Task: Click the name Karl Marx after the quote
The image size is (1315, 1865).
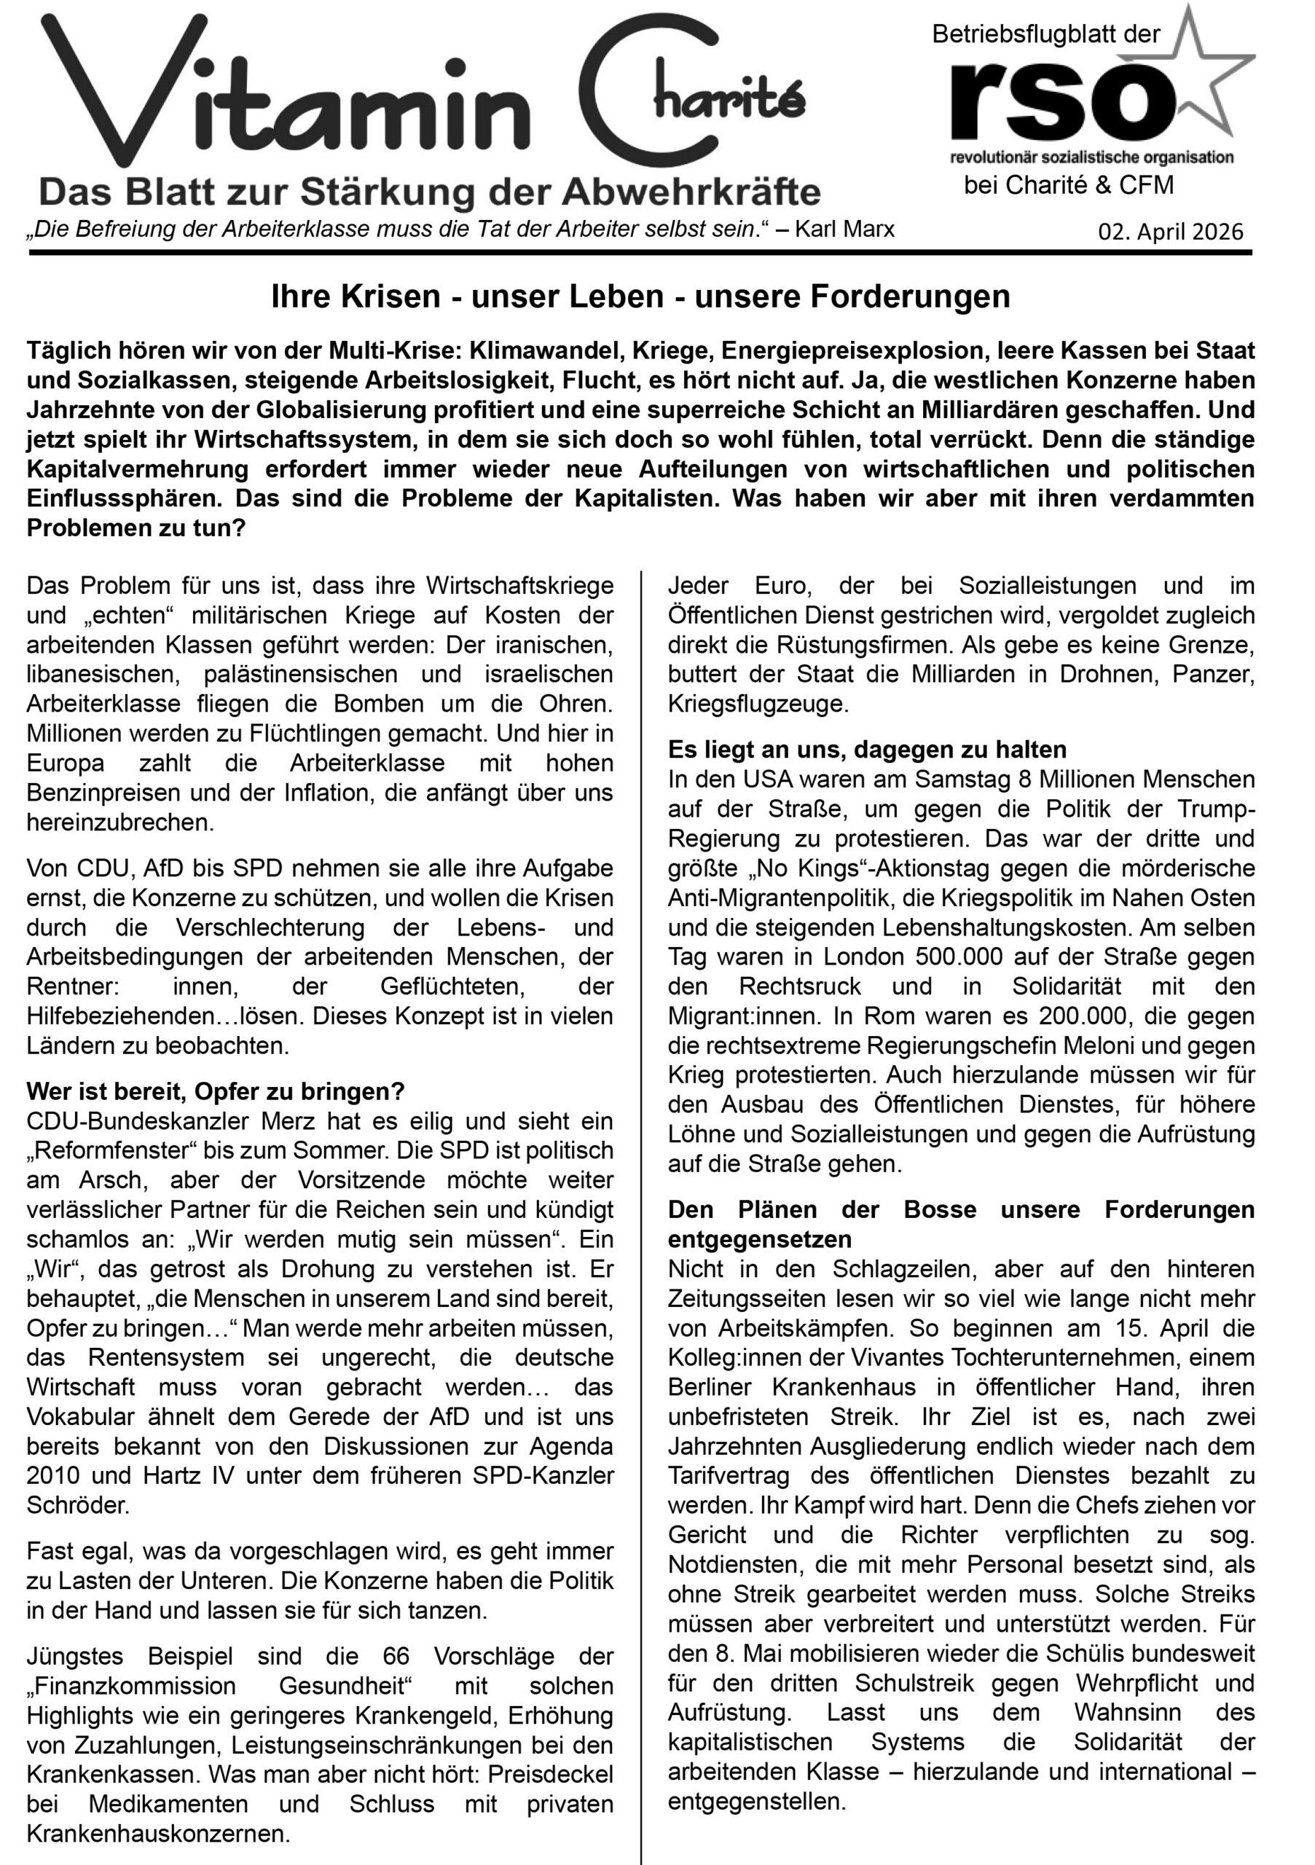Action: (844, 229)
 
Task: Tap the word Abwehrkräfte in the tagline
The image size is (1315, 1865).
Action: (691, 193)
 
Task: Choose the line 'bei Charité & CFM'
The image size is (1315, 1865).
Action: (1069, 185)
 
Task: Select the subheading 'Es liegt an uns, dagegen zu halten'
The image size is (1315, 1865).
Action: (867, 749)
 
